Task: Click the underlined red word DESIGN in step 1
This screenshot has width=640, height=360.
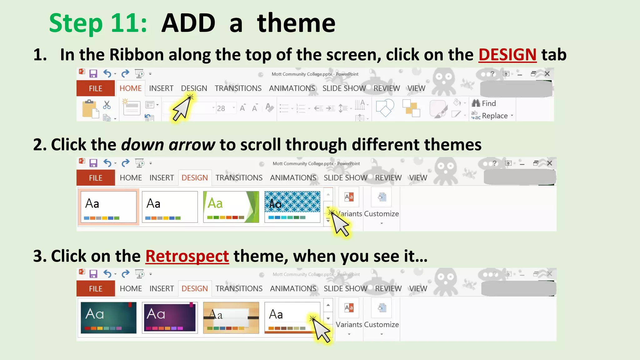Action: point(507,55)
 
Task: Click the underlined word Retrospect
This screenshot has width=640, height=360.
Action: point(187,256)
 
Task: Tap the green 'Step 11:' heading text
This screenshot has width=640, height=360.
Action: point(98,23)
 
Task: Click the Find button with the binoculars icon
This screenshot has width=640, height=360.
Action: point(484,103)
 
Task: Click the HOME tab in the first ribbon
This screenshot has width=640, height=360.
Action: point(130,88)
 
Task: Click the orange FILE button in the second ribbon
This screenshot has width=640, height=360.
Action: point(95,178)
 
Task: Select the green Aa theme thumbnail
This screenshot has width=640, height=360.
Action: point(231,207)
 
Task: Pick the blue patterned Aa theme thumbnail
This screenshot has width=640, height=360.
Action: point(292,207)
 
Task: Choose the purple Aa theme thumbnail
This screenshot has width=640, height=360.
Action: point(170,317)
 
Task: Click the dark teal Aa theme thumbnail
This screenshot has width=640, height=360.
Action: point(108,317)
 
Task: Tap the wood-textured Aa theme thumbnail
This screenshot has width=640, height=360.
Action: point(231,317)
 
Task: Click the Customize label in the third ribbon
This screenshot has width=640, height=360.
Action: point(381,325)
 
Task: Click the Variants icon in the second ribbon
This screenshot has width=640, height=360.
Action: point(349,197)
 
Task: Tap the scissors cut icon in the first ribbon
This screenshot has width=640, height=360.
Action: point(107,105)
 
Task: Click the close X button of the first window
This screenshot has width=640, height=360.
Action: point(547,74)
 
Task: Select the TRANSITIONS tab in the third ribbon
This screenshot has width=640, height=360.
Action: point(239,289)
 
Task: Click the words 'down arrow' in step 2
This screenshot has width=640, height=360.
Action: point(168,145)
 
